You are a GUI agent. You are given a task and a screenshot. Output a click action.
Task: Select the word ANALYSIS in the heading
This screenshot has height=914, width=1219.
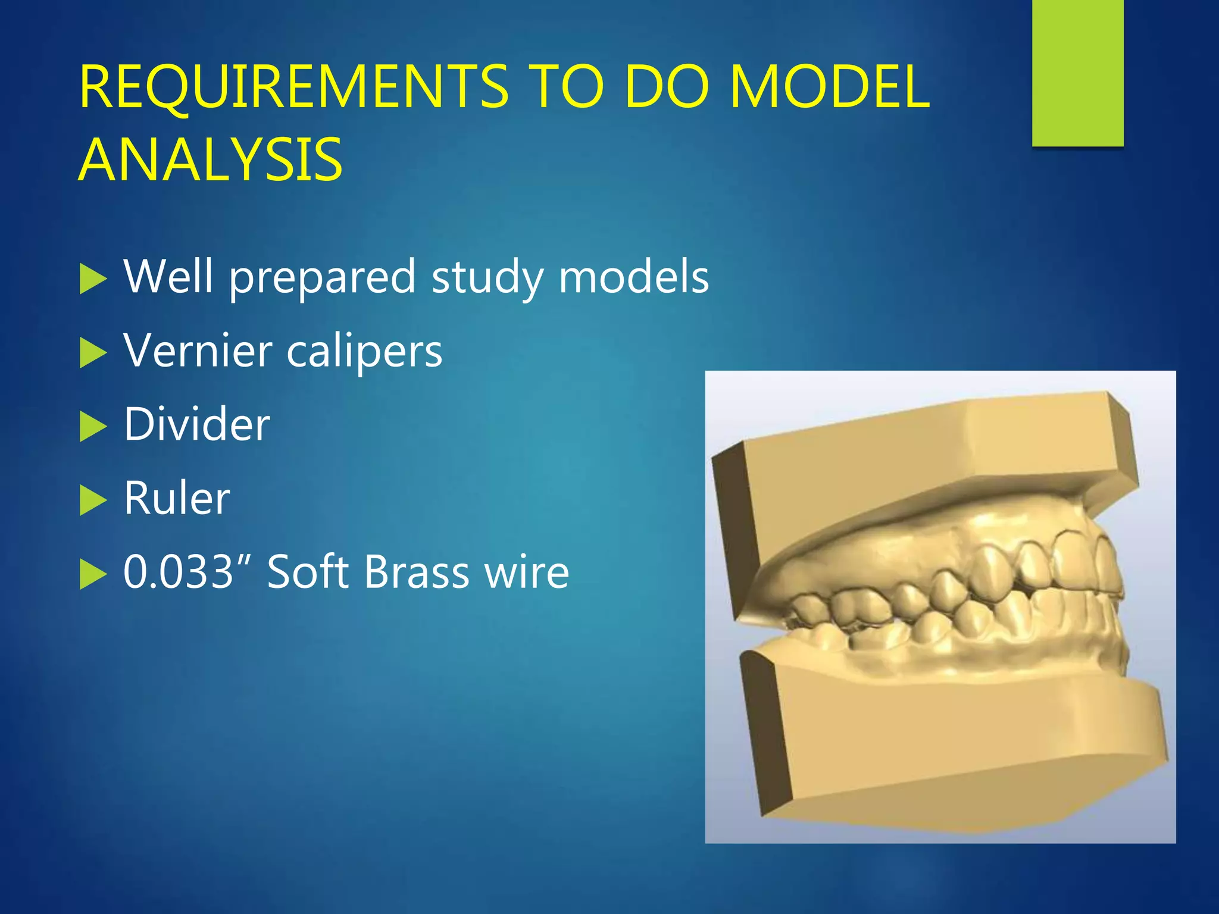coord(210,160)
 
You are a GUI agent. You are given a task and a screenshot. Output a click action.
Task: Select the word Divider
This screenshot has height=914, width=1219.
coord(196,424)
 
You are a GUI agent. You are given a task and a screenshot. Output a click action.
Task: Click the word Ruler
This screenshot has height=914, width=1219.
coord(177,498)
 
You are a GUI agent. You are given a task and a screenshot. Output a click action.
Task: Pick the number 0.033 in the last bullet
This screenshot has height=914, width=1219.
coord(178,572)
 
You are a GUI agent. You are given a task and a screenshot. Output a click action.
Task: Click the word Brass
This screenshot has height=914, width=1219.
coord(417,572)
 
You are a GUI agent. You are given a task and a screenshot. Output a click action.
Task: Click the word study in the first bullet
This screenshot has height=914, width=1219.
coord(487,278)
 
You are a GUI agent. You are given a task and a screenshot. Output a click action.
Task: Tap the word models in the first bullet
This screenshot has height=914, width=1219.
coord(633,277)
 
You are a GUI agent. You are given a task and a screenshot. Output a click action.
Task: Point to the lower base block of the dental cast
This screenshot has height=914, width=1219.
coord(952,744)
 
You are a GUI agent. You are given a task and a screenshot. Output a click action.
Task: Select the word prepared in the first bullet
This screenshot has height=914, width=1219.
coord(322,278)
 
